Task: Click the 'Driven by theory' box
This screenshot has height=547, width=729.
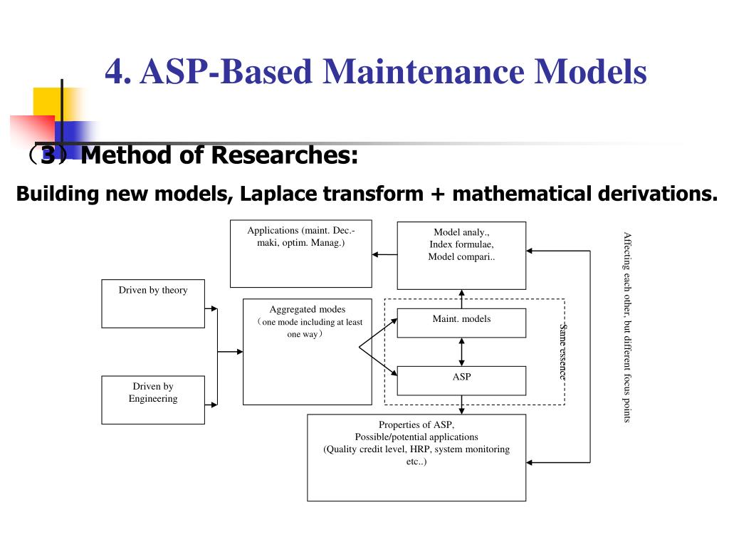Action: (153, 303)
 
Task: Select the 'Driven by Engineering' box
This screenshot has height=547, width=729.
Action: (153, 400)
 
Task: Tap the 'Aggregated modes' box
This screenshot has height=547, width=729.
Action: (308, 352)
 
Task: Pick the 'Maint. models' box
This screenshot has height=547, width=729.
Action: (461, 323)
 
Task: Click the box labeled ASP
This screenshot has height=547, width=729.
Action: (461, 380)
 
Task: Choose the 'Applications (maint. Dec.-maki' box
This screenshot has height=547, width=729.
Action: (301, 254)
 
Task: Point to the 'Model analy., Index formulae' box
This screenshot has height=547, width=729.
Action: (461, 256)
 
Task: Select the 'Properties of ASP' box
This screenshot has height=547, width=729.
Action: (416, 458)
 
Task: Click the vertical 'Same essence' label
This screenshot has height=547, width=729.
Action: (562, 352)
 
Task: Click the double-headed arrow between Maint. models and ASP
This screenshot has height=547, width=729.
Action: (461, 352)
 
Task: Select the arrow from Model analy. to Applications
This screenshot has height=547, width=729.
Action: (385, 254)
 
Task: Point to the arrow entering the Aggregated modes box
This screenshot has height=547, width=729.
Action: (230, 352)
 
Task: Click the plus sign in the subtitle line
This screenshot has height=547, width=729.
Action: (438, 194)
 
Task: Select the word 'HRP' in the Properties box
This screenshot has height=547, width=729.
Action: (419, 449)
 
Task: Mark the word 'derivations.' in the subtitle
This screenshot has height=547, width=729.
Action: (657, 194)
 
